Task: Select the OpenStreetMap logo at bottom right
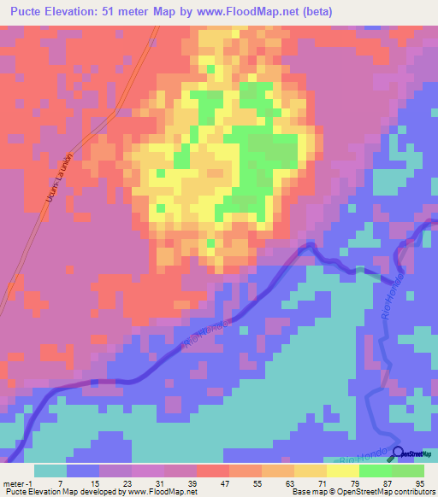413,454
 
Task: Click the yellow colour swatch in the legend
342,471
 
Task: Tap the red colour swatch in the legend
212,471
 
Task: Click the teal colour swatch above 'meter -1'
50,471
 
